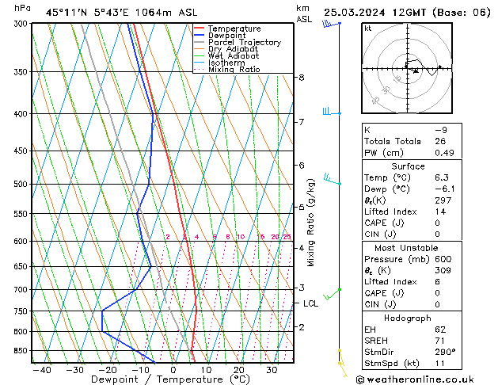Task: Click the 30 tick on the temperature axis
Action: pyautogui.click(x=272, y=369)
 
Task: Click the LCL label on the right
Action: pyautogui.click(x=311, y=303)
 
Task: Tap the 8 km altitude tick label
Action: pyautogui.click(x=301, y=78)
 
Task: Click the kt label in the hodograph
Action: pyautogui.click(x=368, y=28)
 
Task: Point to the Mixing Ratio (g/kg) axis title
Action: pyautogui.click(x=311, y=223)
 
